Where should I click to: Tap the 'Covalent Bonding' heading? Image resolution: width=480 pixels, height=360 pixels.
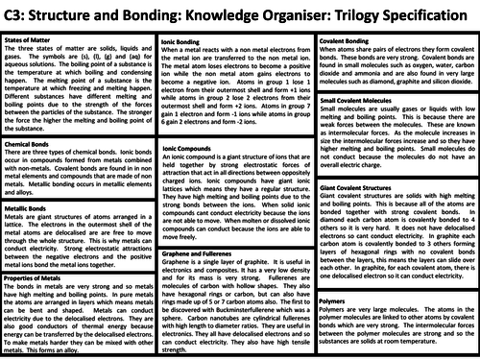[350, 38]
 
